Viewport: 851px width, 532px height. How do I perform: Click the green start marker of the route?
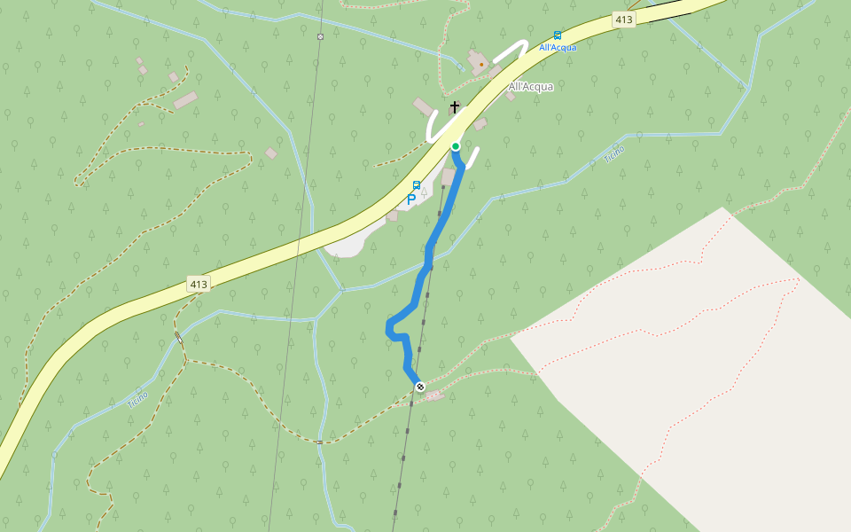[456, 146]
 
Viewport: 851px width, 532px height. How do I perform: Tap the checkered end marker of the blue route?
[420, 387]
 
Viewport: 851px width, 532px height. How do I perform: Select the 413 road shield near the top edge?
[624, 19]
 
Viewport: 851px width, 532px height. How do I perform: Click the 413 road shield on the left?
[199, 285]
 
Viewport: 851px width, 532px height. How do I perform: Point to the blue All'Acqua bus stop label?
[558, 48]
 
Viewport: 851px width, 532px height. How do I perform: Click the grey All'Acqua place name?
[531, 87]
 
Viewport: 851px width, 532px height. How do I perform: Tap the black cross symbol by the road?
[455, 107]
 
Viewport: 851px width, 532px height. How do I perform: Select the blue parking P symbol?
[411, 199]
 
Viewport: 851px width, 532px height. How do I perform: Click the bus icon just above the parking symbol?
[417, 185]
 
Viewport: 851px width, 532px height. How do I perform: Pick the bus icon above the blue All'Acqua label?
[558, 35]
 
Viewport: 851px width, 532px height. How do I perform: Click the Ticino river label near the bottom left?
[137, 400]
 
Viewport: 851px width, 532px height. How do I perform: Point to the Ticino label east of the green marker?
[614, 154]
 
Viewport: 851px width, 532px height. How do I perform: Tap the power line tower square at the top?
[320, 36]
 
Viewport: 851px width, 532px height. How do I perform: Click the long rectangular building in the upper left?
[186, 100]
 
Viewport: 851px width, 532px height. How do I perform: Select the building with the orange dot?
[480, 62]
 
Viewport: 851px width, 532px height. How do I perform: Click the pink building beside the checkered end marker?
[433, 395]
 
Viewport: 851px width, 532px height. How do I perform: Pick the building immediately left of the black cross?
[424, 107]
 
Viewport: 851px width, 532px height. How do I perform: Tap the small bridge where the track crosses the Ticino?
[179, 338]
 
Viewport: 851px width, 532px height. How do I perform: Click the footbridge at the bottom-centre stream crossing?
[319, 442]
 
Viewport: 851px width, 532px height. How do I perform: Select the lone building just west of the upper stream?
[271, 153]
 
